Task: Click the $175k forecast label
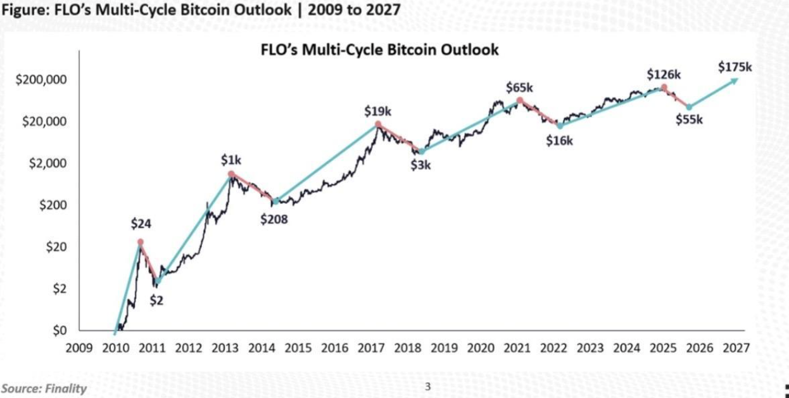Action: (735, 67)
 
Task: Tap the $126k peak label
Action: (664, 74)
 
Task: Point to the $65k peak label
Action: (519, 87)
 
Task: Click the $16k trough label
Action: (559, 141)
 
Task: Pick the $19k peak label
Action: (377, 111)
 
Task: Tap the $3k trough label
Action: (420, 166)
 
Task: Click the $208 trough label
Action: (274, 220)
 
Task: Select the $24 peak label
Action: (141, 224)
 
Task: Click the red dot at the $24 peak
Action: (140, 241)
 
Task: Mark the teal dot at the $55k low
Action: (689, 107)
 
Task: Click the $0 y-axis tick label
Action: (59, 330)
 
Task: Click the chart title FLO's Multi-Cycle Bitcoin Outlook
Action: (380, 49)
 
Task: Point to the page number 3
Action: (427, 386)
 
